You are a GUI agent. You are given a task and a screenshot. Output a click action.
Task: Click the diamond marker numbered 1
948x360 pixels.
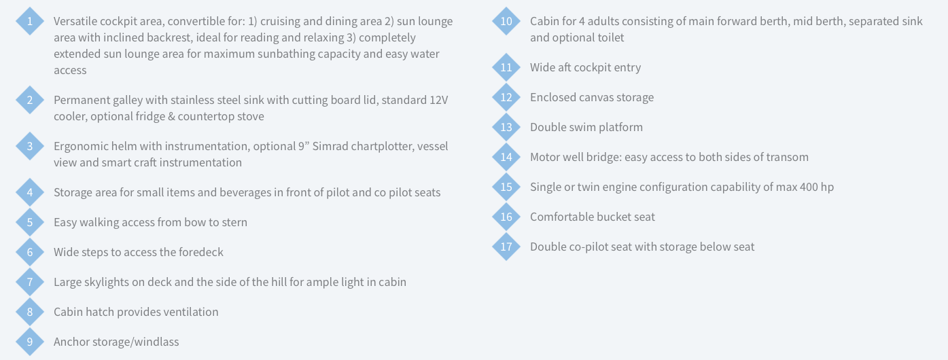click(x=30, y=21)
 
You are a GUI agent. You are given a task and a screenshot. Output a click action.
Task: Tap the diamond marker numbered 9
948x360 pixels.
click(x=30, y=342)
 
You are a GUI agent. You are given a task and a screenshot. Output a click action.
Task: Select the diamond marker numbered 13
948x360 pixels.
click(x=506, y=127)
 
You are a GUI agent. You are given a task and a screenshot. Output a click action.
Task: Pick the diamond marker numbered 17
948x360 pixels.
click(x=506, y=247)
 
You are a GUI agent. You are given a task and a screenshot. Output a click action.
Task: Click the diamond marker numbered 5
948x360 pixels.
click(x=30, y=222)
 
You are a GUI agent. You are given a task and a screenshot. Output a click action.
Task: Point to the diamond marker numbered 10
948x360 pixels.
click(x=506, y=21)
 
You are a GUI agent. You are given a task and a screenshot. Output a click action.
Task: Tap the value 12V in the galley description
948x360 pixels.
click(x=438, y=101)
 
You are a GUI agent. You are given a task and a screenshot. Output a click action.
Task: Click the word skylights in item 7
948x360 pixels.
click(x=107, y=282)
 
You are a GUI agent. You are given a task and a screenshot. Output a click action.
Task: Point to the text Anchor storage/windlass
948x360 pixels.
click(x=116, y=342)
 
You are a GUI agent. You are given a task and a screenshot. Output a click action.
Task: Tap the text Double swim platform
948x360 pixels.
click(x=586, y=127)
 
